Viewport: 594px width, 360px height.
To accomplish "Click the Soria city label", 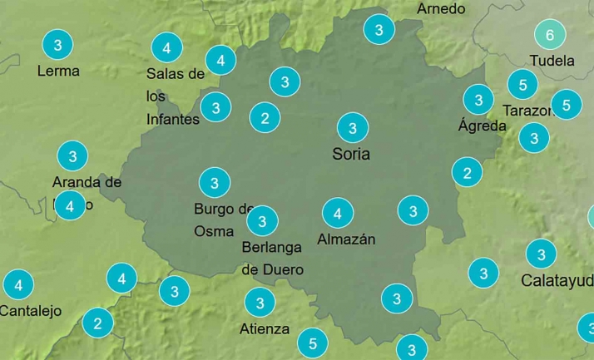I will [351, 154].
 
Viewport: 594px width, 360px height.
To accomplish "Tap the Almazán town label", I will [346, 239].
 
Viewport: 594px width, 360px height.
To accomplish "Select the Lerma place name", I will [58, 71].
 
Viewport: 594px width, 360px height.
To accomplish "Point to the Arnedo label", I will [441, 9].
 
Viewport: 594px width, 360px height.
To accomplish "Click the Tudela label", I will [552, 61].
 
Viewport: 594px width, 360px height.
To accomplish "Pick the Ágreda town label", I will [482, 126].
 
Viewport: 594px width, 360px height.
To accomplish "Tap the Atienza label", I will [265, 328].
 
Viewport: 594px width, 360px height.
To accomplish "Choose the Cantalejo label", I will [31, 311].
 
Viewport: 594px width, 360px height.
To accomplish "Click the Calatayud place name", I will [557, 280].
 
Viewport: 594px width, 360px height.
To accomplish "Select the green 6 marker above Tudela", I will [549, 35].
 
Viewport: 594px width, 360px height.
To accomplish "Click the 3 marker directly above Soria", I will [353, 128].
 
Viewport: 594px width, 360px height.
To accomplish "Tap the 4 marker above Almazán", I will [337, 214].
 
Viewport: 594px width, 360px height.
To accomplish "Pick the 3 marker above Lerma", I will [57, 44].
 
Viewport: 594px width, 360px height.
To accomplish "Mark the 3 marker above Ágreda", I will [478, 101].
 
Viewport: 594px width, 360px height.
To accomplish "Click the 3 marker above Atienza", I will [260, 303].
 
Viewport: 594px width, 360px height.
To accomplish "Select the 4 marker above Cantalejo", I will [18, 285].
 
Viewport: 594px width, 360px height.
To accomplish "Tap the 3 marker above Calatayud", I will [542, 254].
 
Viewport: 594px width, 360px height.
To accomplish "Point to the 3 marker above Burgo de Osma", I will [215, 182].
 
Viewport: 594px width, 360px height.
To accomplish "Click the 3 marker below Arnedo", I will [379, 31].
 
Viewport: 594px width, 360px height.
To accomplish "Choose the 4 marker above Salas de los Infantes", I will [167, 47].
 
